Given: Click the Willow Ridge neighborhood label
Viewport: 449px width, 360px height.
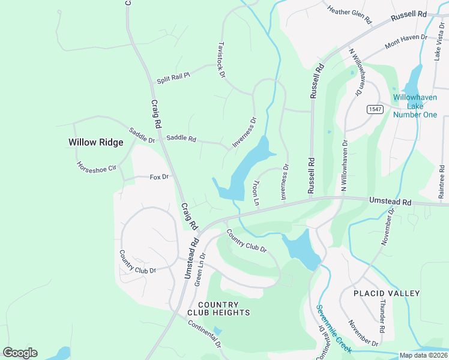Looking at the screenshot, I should coord(95,142).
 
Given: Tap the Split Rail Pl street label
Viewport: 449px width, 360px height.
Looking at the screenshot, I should coord(173,77).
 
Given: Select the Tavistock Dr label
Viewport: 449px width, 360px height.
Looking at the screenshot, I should coord(221,59).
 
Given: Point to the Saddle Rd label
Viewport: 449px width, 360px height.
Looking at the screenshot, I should coord(181,139).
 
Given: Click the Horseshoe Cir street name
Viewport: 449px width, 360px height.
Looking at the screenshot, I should coord(95,166).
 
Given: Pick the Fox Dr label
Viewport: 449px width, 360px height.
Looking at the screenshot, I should coord(159,177).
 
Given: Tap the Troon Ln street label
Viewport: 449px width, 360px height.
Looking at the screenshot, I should coord(256,193).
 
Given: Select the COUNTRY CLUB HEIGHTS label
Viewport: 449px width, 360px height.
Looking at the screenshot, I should coord(218,309).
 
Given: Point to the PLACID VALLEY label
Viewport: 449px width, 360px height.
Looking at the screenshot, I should coord(387,293).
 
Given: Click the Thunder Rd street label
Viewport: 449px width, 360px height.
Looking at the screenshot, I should coord(381,316).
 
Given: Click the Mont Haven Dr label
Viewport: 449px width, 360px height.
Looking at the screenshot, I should coord(406,40).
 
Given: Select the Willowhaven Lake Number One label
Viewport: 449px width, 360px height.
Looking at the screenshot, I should coord(415,106).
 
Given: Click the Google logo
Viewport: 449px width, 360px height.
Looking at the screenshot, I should coord(20,353).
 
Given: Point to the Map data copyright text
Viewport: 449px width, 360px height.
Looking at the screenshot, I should coord(423,355).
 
